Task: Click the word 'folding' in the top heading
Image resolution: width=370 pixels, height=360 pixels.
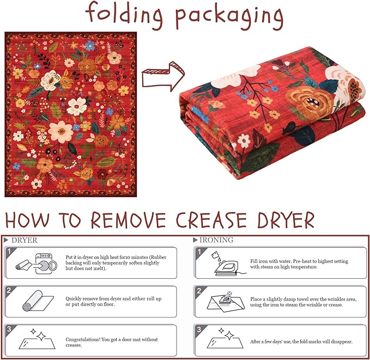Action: coord(124,15)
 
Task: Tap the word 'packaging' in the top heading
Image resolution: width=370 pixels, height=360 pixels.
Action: coord(229,17)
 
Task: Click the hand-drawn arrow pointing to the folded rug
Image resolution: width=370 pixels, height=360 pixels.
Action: coord(163,76)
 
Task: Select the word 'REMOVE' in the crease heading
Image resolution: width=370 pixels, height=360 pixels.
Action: coord(129,219)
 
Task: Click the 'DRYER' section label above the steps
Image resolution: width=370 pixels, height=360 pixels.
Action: coord(25,240)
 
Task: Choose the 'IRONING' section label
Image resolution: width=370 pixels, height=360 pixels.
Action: coord(216,240)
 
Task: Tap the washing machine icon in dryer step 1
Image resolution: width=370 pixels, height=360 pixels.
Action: coord(46,264)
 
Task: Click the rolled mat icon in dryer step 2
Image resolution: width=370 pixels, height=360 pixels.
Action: coord(38,301)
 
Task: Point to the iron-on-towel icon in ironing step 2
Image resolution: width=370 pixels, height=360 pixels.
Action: coord(226,302)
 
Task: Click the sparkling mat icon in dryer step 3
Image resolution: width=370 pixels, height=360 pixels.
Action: coord(37,339)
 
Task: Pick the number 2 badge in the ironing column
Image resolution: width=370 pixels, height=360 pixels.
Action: coord(199,291)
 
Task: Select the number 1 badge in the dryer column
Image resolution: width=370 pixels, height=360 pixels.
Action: coord(9,252)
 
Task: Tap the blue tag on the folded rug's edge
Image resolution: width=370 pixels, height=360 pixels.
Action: coord(201,114)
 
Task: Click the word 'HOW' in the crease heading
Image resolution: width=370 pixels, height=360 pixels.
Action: coord(27,220)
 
